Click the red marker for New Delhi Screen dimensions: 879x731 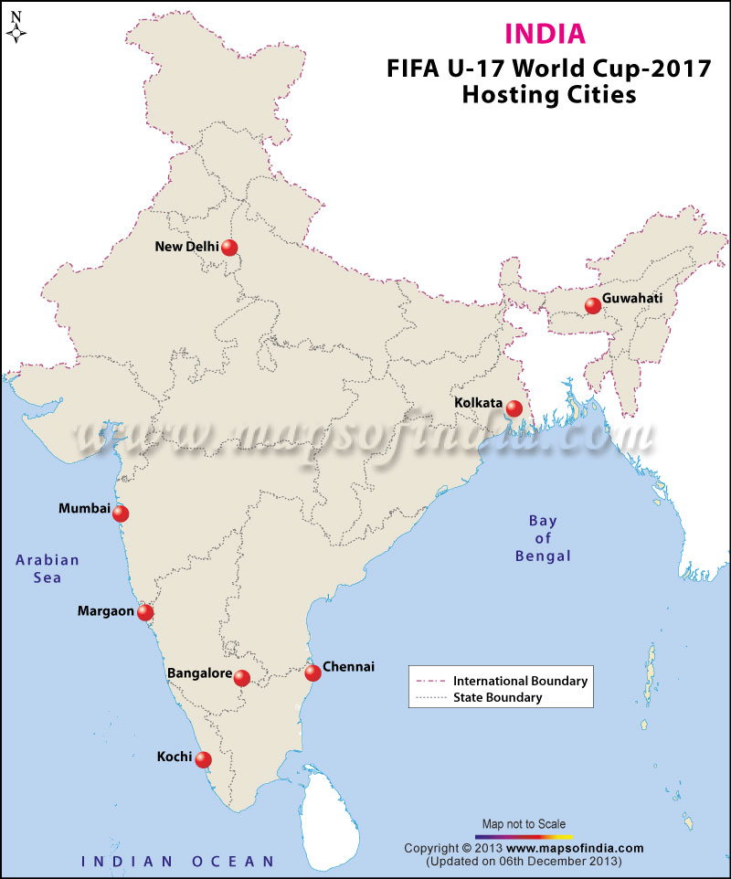tap(229, 247)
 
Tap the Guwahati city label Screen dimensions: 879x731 tap(632, 298)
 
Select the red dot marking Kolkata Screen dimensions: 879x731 tap(514, 408)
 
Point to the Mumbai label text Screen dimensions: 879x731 tap(84, 508)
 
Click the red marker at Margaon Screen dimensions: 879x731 tap(144, 612)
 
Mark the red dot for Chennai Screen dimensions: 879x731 tap(313, 672)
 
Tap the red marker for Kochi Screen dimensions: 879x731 tap(203, 759)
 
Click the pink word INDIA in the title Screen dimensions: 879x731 tap(545, 34)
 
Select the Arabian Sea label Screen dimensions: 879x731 tap(48, 568)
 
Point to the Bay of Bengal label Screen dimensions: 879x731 tap(543, 538)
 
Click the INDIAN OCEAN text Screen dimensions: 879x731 tap(178, 861)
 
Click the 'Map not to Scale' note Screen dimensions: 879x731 tap(524, 824)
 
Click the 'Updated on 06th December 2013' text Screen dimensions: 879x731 tap(524, 861)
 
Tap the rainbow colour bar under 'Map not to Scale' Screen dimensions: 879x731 tap(524, 835)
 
